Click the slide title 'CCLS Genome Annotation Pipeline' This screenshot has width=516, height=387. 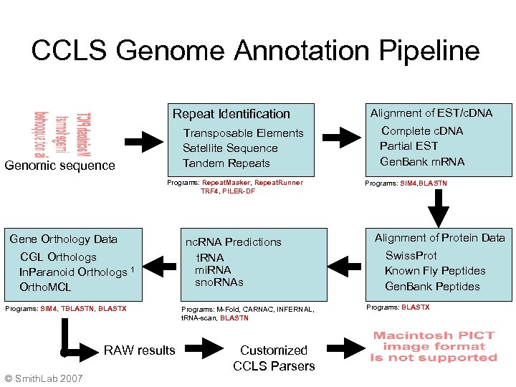[255, 51]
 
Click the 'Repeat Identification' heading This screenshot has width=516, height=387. [231, 114]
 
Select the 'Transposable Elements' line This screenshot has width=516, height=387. [243, 133]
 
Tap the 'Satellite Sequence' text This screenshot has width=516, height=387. [230, 148]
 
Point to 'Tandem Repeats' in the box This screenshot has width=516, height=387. [226, 163]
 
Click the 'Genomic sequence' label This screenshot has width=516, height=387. [59, 166]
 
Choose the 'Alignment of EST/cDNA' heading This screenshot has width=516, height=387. [431, 113]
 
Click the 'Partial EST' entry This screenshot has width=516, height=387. [408, 146]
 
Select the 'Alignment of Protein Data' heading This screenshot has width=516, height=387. [439, 238]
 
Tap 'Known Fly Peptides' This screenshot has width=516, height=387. [435, 271]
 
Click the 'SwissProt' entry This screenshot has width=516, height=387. [411, 256]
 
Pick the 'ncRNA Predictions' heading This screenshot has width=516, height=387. [234, 242]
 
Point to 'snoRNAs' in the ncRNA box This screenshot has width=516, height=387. [219, 282]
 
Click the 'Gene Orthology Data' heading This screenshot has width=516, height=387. [64, 239]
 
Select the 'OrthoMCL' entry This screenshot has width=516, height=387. [45, 287]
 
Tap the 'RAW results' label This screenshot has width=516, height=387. [139, 350]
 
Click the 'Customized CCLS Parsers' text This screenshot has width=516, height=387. [273, 358]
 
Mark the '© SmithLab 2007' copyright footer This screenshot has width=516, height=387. [43, 378]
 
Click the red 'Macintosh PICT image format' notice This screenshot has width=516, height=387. [434, 346]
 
